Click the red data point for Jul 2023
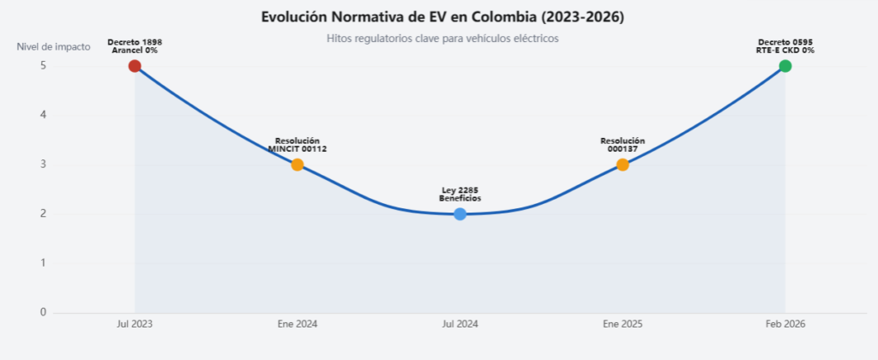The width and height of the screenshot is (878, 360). pyautogui.click(x=135, y=66)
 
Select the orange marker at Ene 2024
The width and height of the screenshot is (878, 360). pyautogui.click(x=298, y=165)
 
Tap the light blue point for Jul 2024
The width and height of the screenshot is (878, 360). pyautogui.click(x=460, y=214)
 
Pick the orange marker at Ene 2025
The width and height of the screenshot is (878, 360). pyautogui.click(x=622, y=165)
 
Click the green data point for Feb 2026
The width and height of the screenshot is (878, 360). pyautogui.click(x=785, y=66)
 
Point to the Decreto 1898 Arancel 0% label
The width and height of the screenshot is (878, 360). pyautogui.click(x=135, y=46)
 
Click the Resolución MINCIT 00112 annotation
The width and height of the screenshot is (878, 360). pyautogui.click(x=298, y=145)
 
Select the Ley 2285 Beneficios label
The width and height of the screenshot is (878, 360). pyautogui.click(x=460, y=195)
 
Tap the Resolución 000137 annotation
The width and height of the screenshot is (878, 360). pyautogui.click(x=622, y=145)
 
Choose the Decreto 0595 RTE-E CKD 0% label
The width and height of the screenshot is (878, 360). pyautogui.click(x=785, y=46)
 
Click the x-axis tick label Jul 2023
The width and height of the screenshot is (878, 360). pyautogui.click(x=135, y=324)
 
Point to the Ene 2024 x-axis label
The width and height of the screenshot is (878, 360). pyautogui.click(x=298, y=324)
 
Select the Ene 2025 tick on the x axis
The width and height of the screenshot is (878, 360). pyautogui.click(x=622, y=324)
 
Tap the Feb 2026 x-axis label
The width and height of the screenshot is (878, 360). pyautogui.click(x=785, y=324)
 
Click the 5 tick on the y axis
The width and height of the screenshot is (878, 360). pyautogui.click(x=43, y=65)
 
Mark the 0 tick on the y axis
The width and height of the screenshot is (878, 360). pyautogui.click(x=43, y=312)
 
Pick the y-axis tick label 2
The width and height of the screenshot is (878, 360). pyautogui.click(x=43, y=214)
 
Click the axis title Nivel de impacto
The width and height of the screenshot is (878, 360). pyautogui.click(x=53, y=47)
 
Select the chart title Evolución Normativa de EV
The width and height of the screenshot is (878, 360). pyautogui.click(x=442, y=17)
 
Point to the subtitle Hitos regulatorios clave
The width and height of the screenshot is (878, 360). pyautogui.click(x=442, y=39)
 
